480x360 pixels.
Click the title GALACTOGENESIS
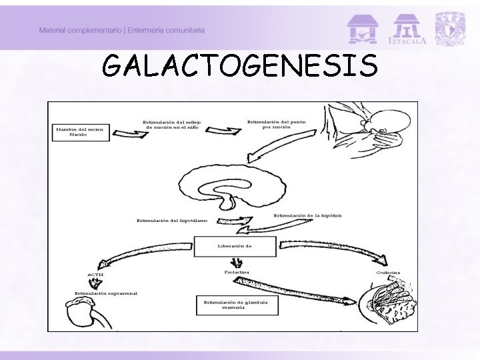click(240, 66)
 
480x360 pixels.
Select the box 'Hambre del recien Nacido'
click(79, 132)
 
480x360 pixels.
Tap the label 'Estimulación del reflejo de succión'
click(173, 125)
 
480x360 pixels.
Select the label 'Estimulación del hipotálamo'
click(172, 221)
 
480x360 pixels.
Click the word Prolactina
click(233, 272)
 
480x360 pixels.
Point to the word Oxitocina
click(388, 272)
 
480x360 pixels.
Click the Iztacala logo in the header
click(409, 29)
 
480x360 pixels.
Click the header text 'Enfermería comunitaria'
click(169, 31)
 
